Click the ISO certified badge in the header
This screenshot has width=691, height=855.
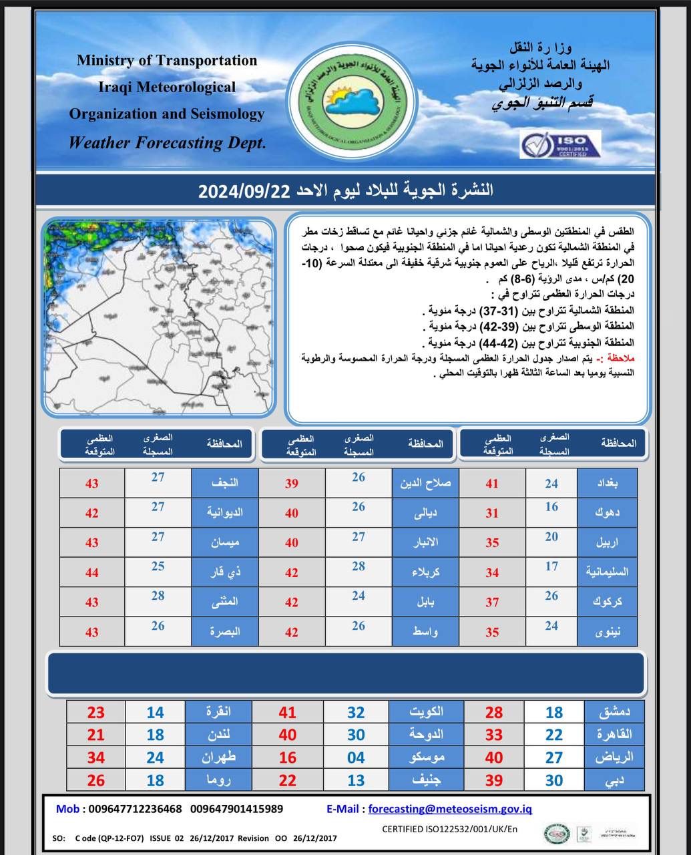click(x=561, y=144)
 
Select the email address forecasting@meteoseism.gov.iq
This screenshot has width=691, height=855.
click(x=450, y=809)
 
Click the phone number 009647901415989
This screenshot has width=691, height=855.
click(x=236, y=809)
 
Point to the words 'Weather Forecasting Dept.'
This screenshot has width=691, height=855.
click(x=167, y=142)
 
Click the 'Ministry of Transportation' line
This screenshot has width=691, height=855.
click(x=167, y=60)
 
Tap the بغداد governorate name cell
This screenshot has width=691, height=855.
click(x=606, y=482)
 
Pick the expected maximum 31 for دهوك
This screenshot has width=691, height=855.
click(x=492, y=513)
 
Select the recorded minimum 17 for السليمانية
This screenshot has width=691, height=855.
click(x=551, y=566)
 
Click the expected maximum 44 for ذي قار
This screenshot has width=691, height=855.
click(x=91, y=572)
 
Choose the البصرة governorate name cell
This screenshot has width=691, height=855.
click(x=225, y=631)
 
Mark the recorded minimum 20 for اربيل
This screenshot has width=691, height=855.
click(x=551, y=537)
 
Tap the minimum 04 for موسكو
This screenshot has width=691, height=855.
click(x=356, y=757)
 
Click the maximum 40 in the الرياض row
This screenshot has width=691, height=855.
click(x=494, y=757)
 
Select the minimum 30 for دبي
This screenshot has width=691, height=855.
click(x=554, y=780)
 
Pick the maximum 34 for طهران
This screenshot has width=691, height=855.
click(x=96, y=757)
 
